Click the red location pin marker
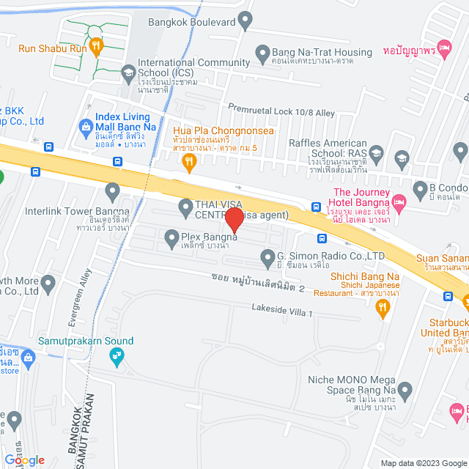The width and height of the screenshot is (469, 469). (234, 220)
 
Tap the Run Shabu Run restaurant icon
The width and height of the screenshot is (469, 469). (96, 47)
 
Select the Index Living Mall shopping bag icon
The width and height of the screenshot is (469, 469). (85, 125)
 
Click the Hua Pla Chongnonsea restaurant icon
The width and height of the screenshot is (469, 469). (189, 161)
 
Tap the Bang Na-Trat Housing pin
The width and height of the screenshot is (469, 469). (262, 53)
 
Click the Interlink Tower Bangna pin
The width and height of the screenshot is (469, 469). (112, 192)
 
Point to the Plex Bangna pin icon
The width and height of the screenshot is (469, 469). (171, 237)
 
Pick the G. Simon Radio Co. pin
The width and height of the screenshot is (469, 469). (267, 256)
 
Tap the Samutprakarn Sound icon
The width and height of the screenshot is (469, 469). (116, 357)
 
